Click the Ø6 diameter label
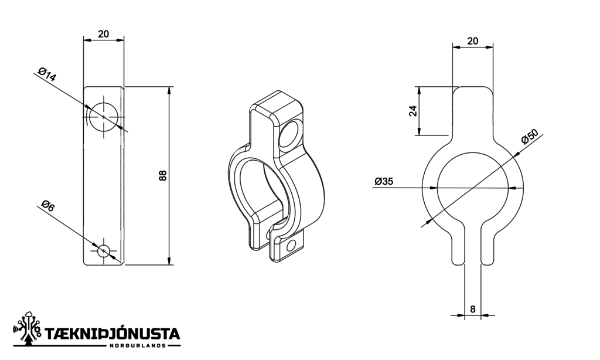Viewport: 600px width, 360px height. pos(47,206)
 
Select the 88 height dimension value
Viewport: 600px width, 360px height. pos(163,175)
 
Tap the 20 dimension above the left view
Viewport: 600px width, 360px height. pos(104,34)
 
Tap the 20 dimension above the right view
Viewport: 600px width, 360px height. pos(472,40)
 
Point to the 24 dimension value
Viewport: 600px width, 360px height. pos(413,111)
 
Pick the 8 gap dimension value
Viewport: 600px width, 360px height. pos(472,308)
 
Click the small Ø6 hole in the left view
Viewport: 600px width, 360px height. pos(104,250)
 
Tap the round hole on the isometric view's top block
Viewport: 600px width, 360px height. pos(289,135)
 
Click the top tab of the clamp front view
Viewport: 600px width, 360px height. pos(473,108)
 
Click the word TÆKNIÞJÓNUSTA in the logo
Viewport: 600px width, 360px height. pos(112,334)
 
